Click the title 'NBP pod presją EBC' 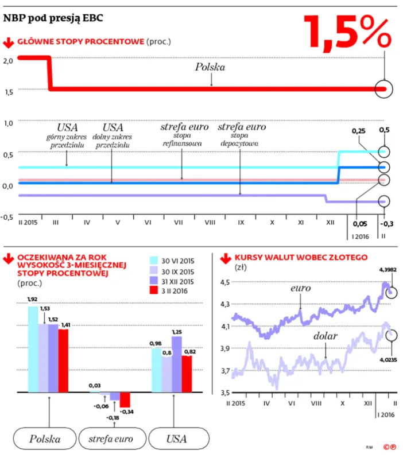click(x=53, y=18)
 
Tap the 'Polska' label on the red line click(x=210, y=67)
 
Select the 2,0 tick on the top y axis click(x=9, y=60)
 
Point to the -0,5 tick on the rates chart click(x=7, y=216)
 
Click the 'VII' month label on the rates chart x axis click(x=179, y=222)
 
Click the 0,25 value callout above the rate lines click(x=359, y=130)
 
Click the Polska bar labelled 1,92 click(x=33, y=349)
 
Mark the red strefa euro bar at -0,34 click(x=125, y=399)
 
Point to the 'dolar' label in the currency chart click(x=324, y=335)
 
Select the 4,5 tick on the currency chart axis click(x=224, y=282)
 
